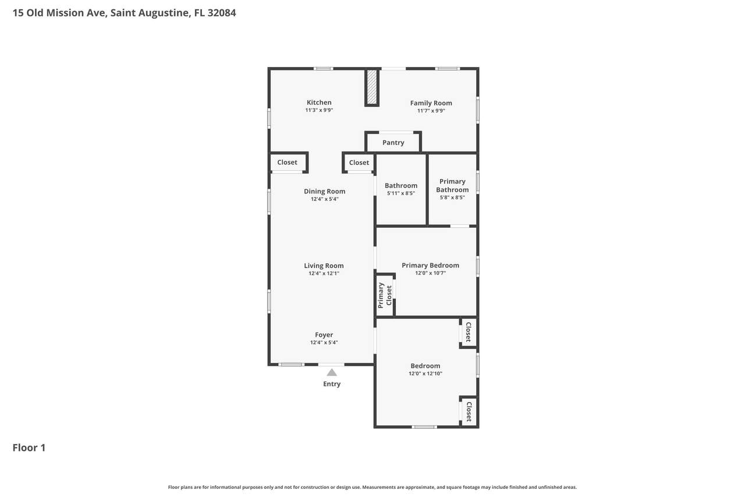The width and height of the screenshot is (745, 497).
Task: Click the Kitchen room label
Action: point(319,103)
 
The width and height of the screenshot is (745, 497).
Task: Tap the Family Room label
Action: point(431,103)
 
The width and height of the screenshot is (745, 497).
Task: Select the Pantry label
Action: point(393,143)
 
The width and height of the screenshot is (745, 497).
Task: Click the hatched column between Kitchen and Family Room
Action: point(372,87)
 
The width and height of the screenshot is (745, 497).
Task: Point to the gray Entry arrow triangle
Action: point(332,372)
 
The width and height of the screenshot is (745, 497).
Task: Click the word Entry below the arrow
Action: point(332,384)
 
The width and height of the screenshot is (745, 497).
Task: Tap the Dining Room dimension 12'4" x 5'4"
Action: point(325,199)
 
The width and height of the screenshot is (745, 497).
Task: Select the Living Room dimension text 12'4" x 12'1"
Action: point(324,273)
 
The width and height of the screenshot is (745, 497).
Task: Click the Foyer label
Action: point(324,335)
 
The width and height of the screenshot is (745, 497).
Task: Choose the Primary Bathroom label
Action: point(452,185)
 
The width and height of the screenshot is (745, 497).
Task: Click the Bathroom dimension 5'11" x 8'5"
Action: point(401,193)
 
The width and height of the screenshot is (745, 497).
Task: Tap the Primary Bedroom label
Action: point(430,265)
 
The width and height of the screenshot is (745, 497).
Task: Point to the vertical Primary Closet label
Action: point(385,295)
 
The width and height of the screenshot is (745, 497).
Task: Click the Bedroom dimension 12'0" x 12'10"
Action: point(425,373)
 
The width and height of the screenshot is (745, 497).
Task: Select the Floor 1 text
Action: point(29,447)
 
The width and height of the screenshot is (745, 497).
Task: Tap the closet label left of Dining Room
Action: point(287,162)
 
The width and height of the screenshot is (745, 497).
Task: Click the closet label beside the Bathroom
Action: point(359,163)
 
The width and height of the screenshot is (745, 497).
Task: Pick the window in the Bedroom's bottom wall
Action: point(424,426)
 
